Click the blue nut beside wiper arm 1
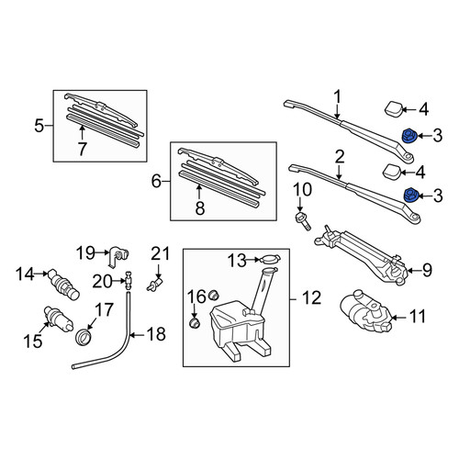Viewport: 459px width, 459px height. pos(409,136)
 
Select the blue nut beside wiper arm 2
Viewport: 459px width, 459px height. pos(410,196)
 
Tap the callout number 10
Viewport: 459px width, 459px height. pos(303,190)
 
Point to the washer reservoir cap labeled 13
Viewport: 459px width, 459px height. pos(270,260)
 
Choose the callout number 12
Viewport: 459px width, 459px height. pos(312,298)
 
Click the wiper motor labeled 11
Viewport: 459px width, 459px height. pos(365,313)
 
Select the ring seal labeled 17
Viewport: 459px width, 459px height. pos(84,337)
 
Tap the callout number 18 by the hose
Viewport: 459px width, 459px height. pos(156,334)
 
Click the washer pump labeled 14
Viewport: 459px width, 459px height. pos(64,285)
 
